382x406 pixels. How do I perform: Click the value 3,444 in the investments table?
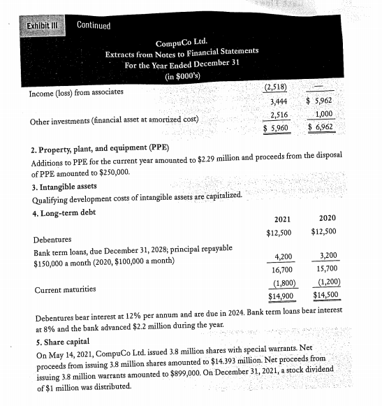click(279, 103)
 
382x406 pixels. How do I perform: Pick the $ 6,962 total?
click(323, 128)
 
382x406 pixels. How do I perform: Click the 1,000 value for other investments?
click(324, 115)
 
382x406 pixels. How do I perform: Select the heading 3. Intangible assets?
click(64, 186)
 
